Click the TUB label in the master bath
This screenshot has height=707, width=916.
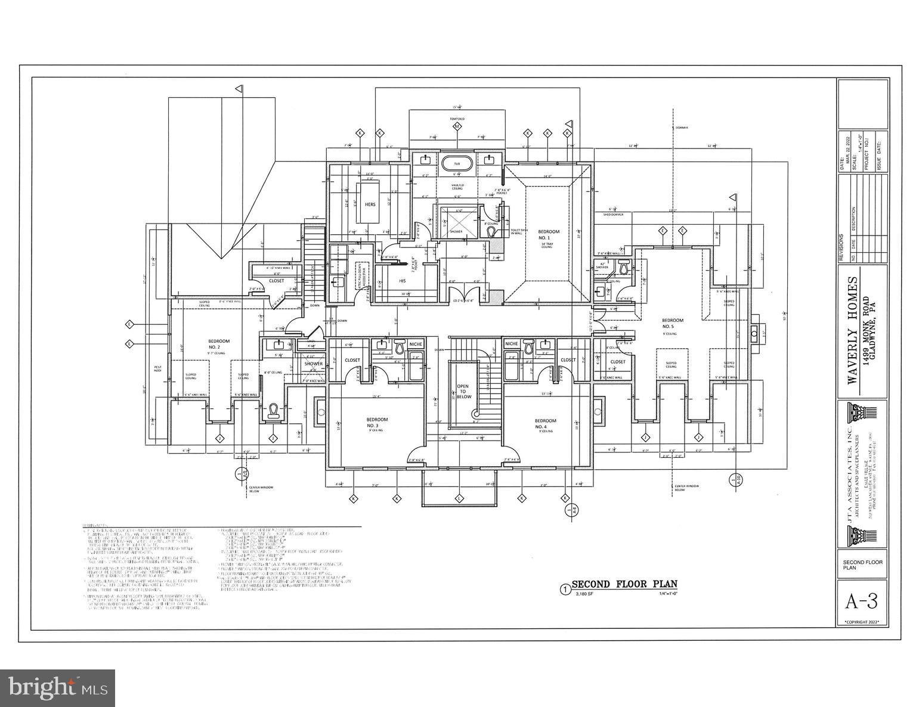457,163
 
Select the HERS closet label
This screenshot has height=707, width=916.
370,204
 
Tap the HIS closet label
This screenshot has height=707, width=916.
402,280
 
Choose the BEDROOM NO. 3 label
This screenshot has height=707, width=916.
376,423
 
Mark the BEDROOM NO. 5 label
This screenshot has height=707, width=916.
673,323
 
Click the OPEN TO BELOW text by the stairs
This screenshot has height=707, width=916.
463,391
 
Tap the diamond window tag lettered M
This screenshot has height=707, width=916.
457,127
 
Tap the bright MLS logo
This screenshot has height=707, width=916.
58,687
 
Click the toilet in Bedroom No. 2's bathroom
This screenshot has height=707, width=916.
274,411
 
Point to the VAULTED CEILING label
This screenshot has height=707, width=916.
457,187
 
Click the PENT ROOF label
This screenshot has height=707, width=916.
158,368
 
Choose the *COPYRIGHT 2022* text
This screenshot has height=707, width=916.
862,622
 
